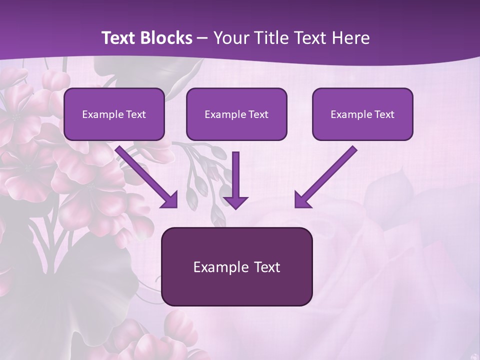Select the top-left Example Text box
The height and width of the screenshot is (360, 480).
tap(114, 114)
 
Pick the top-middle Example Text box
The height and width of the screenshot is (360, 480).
tap(236, 114)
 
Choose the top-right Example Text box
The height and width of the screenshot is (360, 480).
tap(362, 114)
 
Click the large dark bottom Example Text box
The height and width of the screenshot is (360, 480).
tap(236, 266)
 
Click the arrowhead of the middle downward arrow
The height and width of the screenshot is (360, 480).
tap(235, 201)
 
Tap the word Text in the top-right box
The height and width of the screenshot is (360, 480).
tap(384, 114)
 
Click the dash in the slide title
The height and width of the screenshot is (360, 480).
tap(202, 38)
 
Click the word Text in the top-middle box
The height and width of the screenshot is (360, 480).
tap(258, 114)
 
